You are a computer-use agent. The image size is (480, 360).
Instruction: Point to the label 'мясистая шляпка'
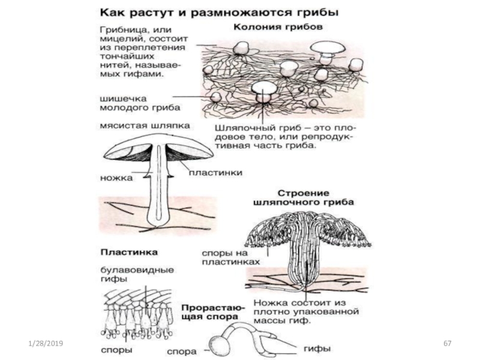tap(144, 126)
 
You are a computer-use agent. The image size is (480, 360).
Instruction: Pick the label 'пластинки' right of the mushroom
tap(216, 173)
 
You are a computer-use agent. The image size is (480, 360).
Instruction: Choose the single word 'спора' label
tap(178, 347)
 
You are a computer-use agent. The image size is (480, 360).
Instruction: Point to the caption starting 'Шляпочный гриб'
tap(284, 136)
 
